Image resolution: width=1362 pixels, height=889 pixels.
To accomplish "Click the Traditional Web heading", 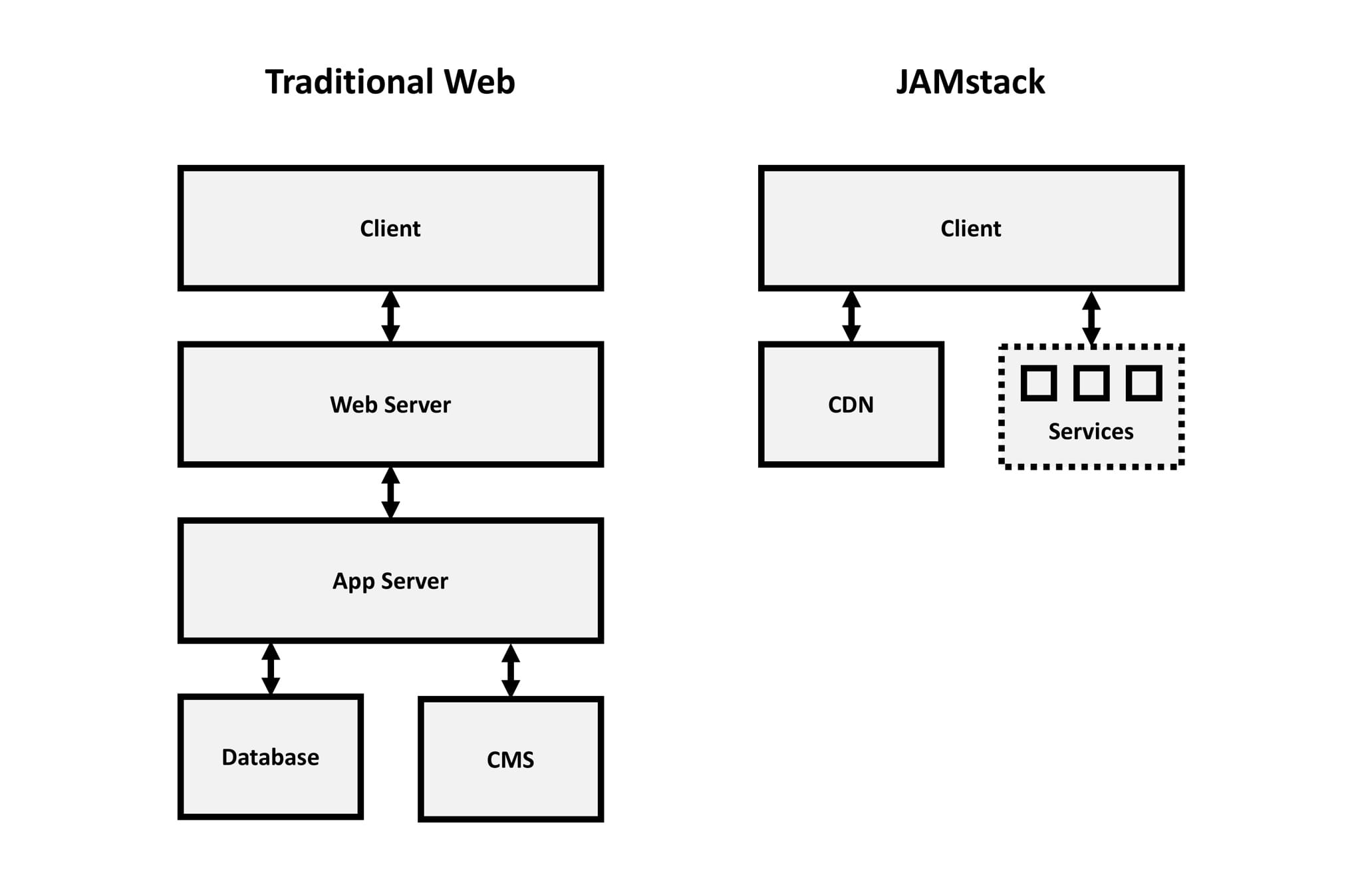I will (x=390, y=83).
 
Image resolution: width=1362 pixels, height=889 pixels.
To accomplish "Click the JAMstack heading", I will (x=970, y=83).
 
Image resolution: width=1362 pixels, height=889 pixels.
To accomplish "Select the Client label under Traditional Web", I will (x=390, y=228).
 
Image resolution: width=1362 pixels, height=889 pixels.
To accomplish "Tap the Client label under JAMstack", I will (x=970, y=228).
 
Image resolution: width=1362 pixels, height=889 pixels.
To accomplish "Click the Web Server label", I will (x=390, y=405).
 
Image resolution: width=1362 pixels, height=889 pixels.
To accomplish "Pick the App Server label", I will (x=390, y=581).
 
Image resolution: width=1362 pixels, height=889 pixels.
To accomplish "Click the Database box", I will (x=270, y=757).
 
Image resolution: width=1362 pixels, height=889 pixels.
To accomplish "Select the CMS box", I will (x=510, y=759).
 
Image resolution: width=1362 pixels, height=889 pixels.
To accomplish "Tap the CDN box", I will (x=851, y=405).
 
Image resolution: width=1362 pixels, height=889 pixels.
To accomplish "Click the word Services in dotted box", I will (x=1091, y=431).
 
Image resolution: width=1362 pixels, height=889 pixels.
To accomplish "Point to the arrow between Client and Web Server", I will (x=390, y=316).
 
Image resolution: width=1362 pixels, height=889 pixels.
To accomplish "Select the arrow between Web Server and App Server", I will (x=390, y=492).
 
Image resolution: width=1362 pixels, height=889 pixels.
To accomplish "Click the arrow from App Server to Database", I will (x=270, y=669).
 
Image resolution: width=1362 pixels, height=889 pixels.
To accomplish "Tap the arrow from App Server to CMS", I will (x=510, y=670).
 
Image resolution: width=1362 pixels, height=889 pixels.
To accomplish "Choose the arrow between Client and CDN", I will (x=851, y=316).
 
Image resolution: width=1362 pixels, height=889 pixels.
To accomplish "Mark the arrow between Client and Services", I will (x=1091, y=318).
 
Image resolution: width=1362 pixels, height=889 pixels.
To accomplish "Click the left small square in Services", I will (x=1038, y=383).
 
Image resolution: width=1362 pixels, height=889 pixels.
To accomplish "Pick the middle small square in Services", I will (x=1091, y=383).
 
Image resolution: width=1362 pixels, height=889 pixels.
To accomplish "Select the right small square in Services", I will (x=1143, y=383).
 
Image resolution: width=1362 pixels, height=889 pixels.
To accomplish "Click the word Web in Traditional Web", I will (x=479, y=83).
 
